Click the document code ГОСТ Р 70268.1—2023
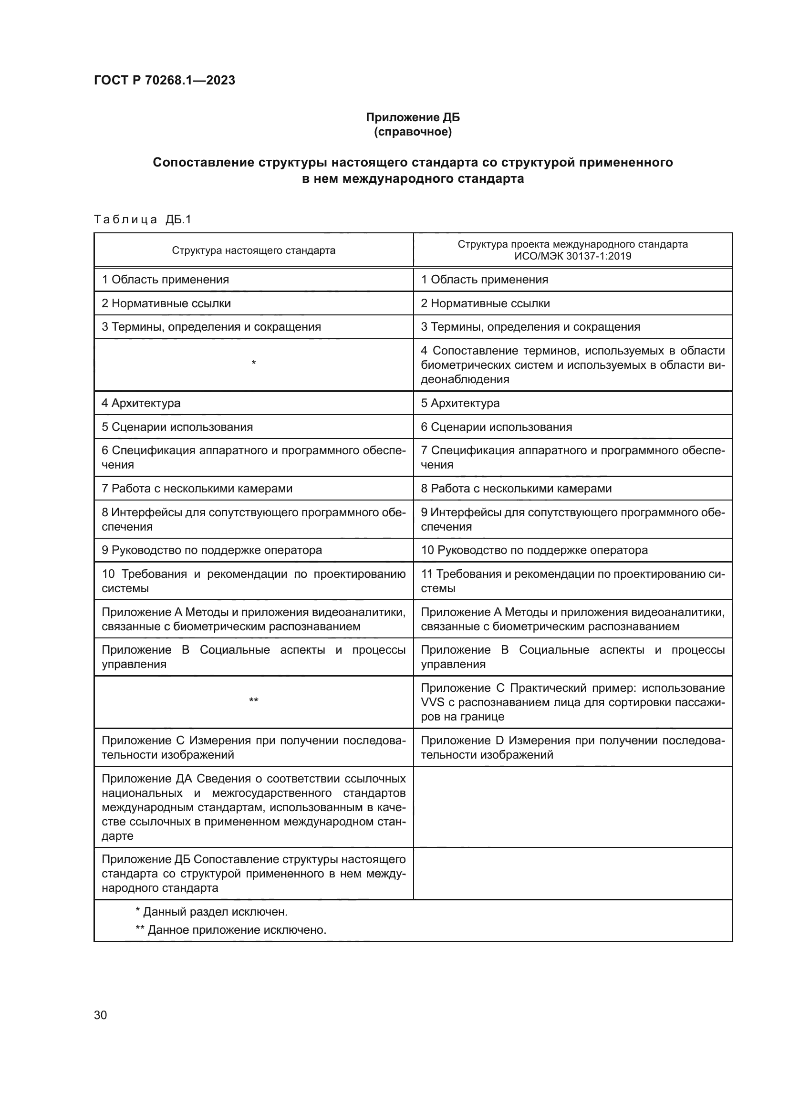coord(164,80)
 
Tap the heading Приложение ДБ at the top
coord(413,117)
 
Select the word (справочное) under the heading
coord(413,132)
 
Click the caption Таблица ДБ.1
coord(143,219)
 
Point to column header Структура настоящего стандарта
coord(253,250)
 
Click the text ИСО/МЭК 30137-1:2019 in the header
coord(572,256)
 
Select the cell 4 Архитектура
coord(141,403)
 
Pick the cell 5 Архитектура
coord(460,403)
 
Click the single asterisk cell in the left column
coord(253,363)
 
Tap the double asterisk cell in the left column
coord(253,700)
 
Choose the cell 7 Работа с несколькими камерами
coord(197,489)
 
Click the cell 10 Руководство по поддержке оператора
coord(534,550)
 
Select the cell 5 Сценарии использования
coord(177,427)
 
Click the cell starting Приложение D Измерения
coord(572,748)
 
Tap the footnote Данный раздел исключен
coord(212,912)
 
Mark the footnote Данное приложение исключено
coord(231,930)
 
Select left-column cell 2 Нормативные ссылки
coord(166,303)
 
